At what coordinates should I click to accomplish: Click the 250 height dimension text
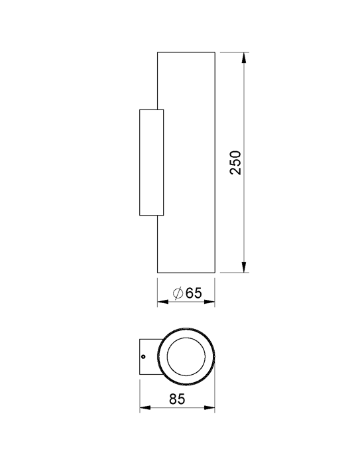coord(237,163)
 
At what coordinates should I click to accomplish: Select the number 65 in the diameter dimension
coord(192,293)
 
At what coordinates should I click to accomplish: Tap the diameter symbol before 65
coord(178,293)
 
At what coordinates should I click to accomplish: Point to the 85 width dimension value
coord(176,399)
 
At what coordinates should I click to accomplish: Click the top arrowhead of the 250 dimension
coord(245,57)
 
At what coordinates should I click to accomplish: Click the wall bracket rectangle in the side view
coord(150,163)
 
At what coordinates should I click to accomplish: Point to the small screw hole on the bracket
coord(144,358)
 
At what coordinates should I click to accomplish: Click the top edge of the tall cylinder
coord(186,51)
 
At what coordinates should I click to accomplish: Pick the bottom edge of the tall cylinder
coord(186,273)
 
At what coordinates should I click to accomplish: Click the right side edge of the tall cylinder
coord(215,163)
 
